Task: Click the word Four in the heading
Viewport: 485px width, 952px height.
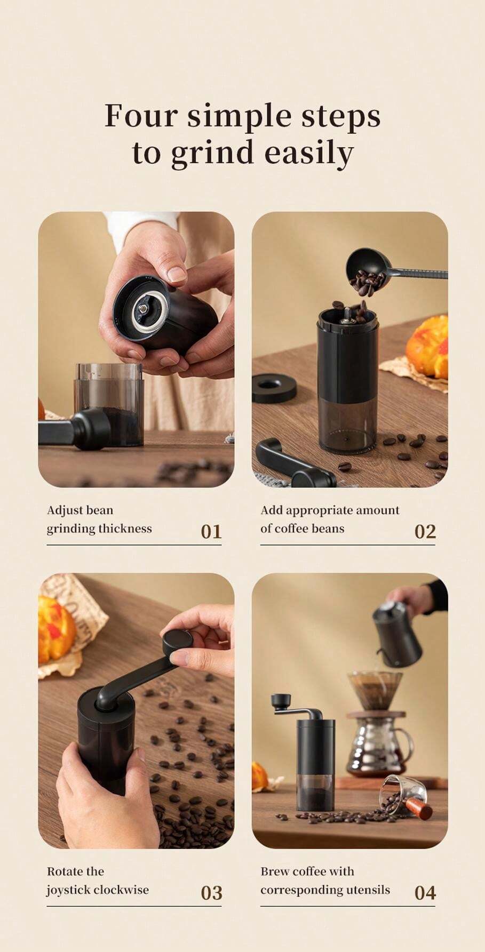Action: (x=140, y=116)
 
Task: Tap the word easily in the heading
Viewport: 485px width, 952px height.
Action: (x=309, y=153)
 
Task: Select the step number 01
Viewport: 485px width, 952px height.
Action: (x=211, y=532)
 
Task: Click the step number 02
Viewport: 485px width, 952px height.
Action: (x=425, y=532)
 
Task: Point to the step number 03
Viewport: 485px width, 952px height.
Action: (x=211, y=893)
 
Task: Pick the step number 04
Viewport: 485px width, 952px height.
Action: (x=425, y=893)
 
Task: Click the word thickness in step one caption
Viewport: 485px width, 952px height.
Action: (x=124, y=529)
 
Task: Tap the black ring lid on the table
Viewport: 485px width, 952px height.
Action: (x=274, y=388)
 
